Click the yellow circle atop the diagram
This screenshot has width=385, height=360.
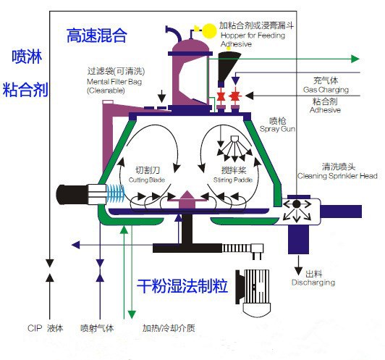click(x=208, y=30)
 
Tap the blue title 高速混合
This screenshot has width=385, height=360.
click(x=96, y=35)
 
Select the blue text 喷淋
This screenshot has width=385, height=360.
click(x=25, y=57)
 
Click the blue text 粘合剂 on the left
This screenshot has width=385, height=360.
click(x=25, y=90)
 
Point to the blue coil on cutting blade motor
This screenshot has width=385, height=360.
click(x=115, y=194)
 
